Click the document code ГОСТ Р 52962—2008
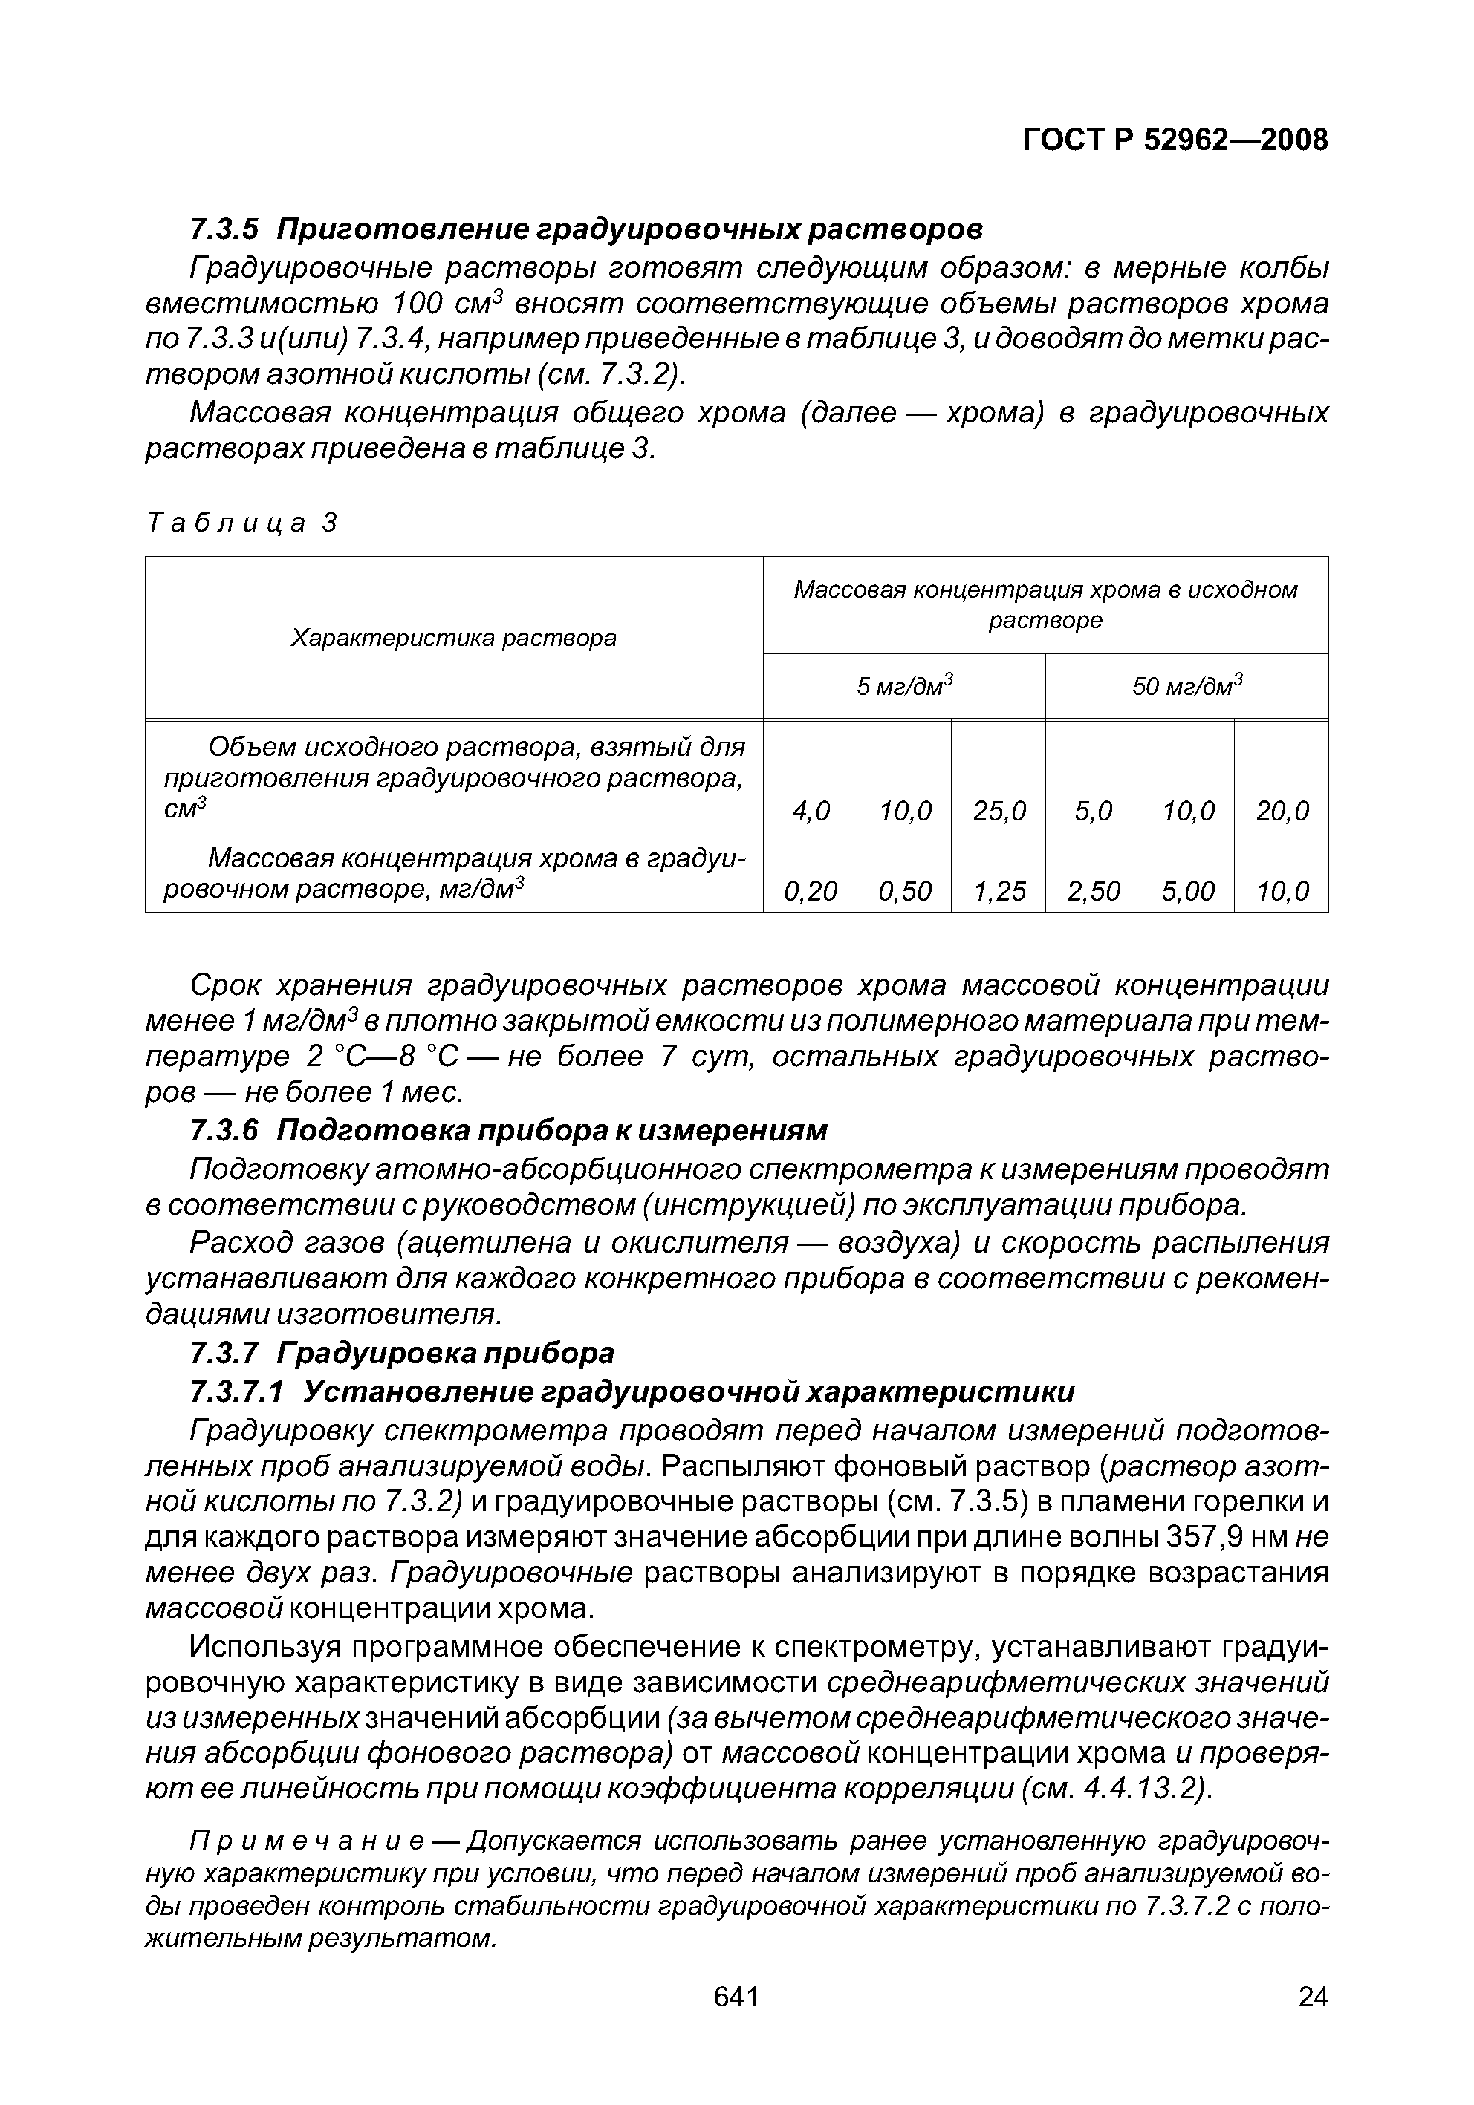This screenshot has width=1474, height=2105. pos(1174,140)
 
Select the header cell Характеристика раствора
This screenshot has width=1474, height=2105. pos(453,638)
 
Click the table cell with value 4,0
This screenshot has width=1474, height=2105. pos(810,812)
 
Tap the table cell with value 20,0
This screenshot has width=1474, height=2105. pos(1282,812)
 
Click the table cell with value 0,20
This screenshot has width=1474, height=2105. pos(810,891)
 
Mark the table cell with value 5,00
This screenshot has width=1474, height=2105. pos(1187,891)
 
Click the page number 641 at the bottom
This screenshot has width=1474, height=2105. pos(736,1996)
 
